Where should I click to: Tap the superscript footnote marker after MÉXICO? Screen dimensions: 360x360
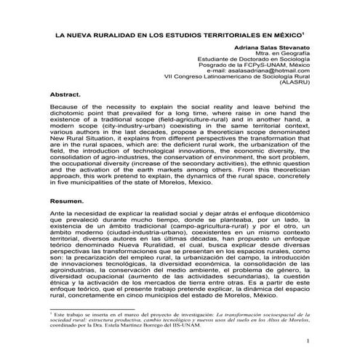pyautogui.click(x=302, y=32)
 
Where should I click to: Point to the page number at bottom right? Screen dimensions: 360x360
pyautogui.click(x=308, y=340)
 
